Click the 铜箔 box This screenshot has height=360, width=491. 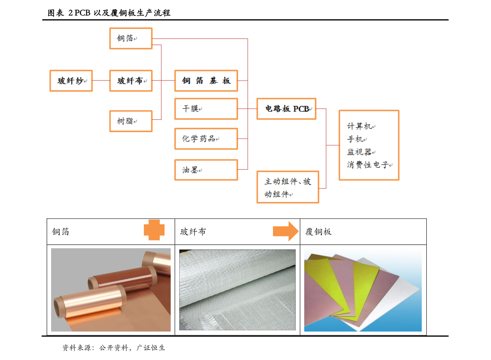tap(131, 38)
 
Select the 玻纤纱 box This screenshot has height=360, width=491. tap(71, 80)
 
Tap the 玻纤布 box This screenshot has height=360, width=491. tap(131, 80)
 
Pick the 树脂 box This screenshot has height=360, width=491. tap(131, 121)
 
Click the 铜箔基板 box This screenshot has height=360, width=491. tap(206, 80)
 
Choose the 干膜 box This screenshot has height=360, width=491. tap(206, 109)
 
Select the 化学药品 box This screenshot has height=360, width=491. tap(206, 139)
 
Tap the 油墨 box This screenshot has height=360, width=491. tap(206, 170)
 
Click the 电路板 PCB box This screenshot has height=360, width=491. tap(286, 109)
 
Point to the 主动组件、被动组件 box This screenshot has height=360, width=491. tap(288, 187)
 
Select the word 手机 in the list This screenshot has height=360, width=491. tap(355, 139)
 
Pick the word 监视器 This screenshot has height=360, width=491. tap(359, 152)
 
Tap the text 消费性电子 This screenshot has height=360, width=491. tap(367, 165)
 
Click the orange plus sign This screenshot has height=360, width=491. tap(154, 230)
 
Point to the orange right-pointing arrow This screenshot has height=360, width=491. tap(286, 231)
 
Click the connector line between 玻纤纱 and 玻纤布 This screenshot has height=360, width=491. tap(101, 80)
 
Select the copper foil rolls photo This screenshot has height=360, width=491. tap(110, 289)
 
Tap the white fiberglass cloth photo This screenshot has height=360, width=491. tap(237, 289)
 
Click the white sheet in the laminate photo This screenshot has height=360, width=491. tap(402, 297)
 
